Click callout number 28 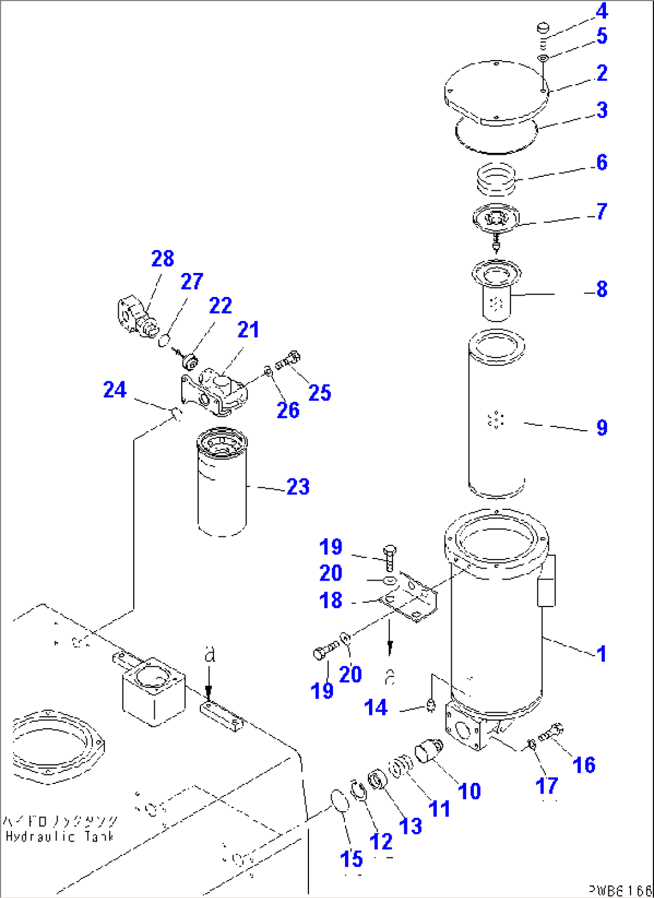click(x=163, y=259)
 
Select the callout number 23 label click(x=298, y=486)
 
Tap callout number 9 click(x=602, y=428)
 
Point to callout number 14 click(x=376, y=708)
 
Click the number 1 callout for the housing click(x=601, y=653)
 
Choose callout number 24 click(x=115, y=390)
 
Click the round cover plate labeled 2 click(x=496, y=93)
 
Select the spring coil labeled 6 click(x=496, y=178)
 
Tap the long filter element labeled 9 click(x=496, y=414)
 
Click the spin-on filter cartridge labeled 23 click(x=221, y=486)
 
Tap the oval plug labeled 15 click(x=340, y=801)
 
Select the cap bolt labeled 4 click(x=542, y=28)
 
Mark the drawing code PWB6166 click(x=619, y=891)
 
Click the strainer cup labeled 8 click(x=496, y=294)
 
